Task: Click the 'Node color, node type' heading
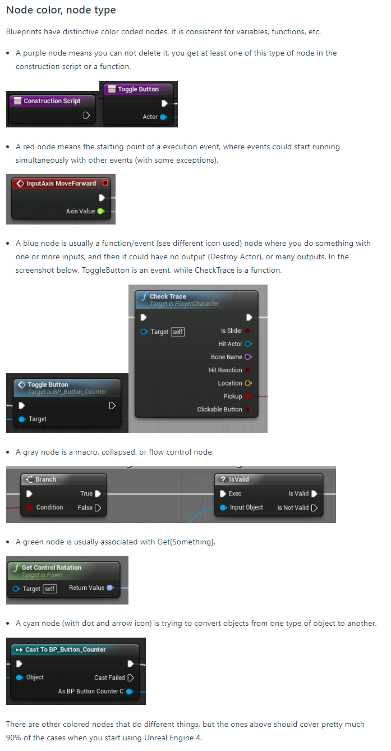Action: click(61, 10)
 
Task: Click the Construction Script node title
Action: click(52, 101)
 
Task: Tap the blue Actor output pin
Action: click(164, 117)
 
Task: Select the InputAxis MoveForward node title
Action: click(61, 184)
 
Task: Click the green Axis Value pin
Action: click(101, 211)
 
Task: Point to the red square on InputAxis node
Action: click(105, 183)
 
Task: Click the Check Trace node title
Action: click(168, 296)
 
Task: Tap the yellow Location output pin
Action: click(249, 383)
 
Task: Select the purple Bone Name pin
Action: click(249, 357)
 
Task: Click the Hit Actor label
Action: click(230, 344)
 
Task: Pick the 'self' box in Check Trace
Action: click(178, 332)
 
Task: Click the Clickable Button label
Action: click(219, 409)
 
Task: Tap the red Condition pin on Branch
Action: click(30, 507)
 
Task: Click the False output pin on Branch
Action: click(98, 508)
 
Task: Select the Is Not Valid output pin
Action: click(314, 508)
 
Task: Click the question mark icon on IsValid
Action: click(223, 479)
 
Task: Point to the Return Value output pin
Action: click(110, 588)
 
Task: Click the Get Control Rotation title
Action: click(52, 567)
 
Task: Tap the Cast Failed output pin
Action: click(131, 677)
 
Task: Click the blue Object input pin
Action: click(20, 677)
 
